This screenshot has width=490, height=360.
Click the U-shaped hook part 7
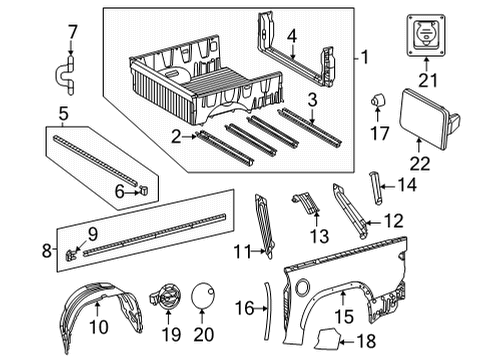tap(71, 70)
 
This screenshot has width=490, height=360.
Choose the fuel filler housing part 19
tap(164, 296)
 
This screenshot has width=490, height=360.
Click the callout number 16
tap(244, 309)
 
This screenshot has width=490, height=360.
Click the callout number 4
tap(291, 37)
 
